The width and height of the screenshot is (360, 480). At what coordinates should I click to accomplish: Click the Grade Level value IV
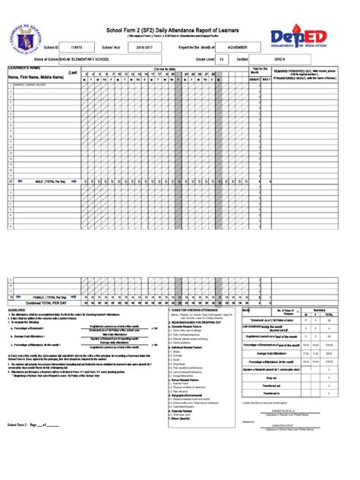(x=222, y=57)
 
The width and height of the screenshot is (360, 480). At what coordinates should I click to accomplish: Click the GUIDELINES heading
(x=17, y=311)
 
